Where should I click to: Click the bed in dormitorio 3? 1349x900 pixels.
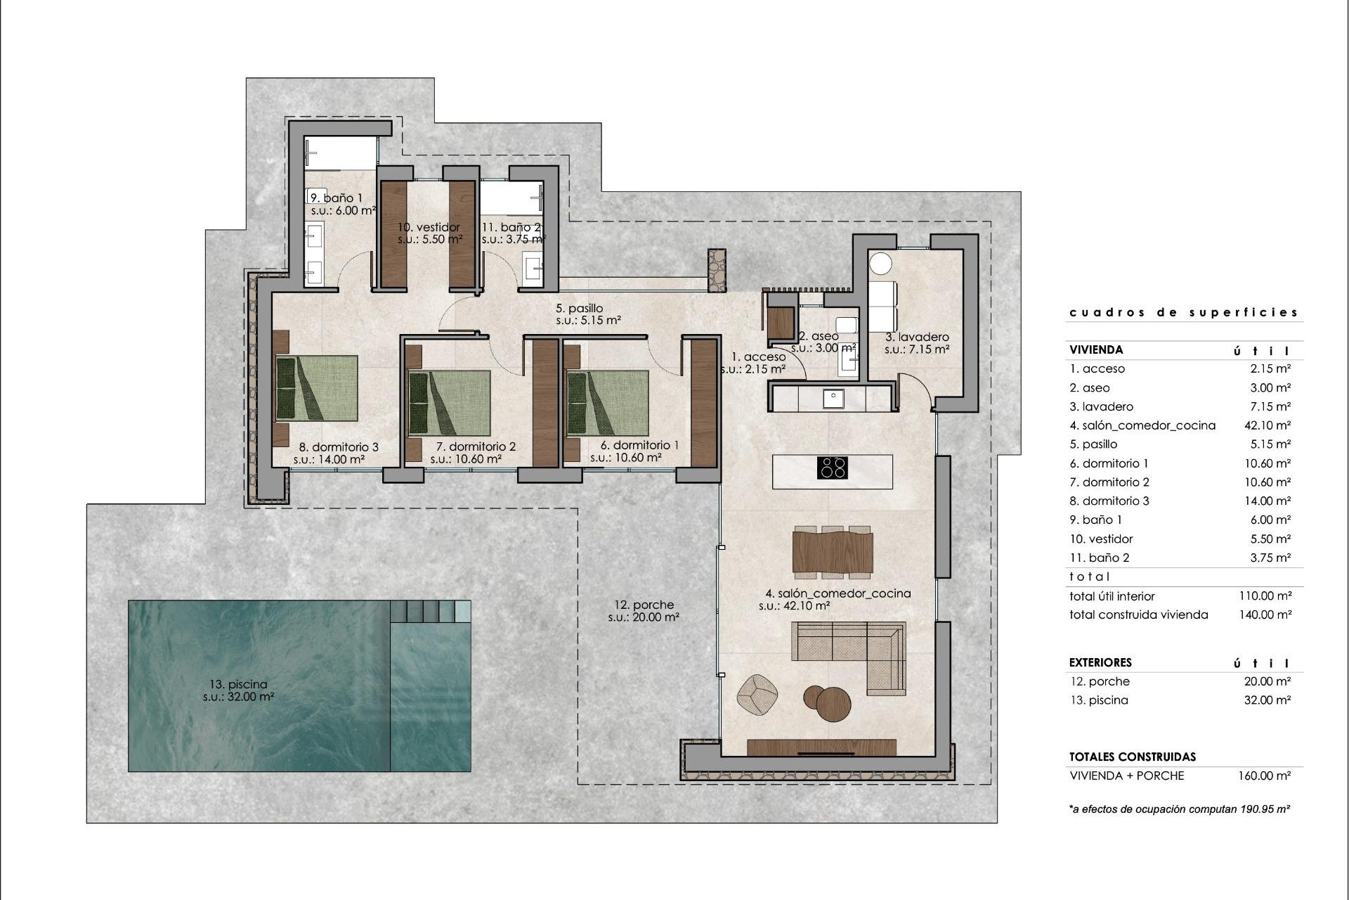point(317,387)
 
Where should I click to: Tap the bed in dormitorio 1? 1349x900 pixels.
point(607,403)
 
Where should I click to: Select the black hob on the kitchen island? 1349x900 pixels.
point(833,468)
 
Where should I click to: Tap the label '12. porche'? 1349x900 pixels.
point(644,605)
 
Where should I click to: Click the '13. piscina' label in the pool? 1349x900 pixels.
point(238,684)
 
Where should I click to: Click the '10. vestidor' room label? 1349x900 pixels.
point(429,227)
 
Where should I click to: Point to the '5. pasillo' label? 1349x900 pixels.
point(579,308)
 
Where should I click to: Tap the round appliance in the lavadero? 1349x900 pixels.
point(880,264)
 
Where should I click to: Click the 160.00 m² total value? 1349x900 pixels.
point(1264,776)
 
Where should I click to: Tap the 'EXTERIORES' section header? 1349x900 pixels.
point(1100,662)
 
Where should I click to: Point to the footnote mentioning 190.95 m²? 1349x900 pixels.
point(1179,809)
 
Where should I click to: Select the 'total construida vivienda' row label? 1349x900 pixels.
point(1138,615)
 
